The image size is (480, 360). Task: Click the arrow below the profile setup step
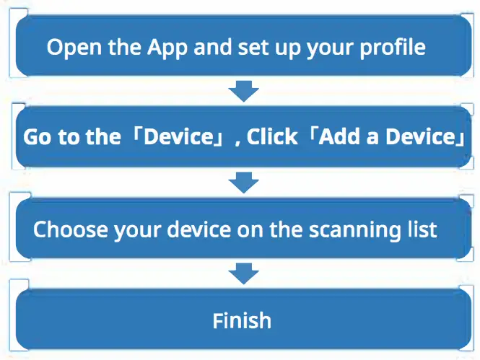243,91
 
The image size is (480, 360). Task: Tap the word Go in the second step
38,138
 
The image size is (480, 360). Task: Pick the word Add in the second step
342,138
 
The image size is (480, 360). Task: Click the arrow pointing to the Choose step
243,183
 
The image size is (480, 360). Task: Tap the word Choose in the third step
69,230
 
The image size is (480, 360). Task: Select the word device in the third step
206,230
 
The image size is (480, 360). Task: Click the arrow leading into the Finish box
243,274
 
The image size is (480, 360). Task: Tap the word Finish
242,320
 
